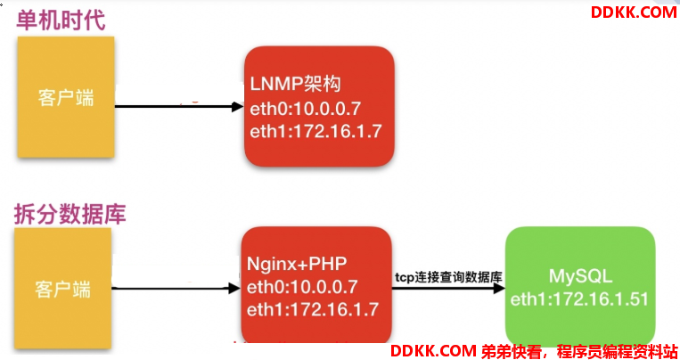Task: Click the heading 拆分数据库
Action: point(70,214)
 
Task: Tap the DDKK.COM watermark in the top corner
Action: point(634,12)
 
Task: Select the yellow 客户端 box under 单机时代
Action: point(65,97)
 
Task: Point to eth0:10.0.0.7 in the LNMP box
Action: point(304,108)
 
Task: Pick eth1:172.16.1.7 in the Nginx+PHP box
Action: point(313,309)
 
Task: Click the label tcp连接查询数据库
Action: point(449,277)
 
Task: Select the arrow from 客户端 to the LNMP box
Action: point(178,108)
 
